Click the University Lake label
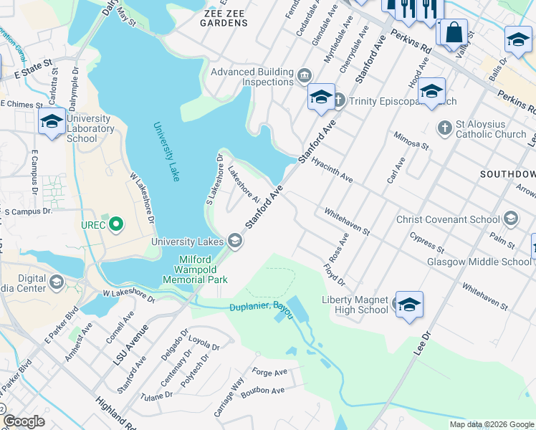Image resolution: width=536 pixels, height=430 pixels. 166,151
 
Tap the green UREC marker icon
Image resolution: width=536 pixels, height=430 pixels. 114,225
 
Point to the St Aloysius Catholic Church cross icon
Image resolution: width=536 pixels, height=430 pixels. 444,128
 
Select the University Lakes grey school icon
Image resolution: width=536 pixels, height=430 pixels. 235,242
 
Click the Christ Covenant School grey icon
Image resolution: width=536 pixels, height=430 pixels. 511,219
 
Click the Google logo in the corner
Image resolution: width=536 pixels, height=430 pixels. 24,421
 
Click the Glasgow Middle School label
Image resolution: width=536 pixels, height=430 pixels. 479,262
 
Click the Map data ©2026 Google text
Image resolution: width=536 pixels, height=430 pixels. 491,424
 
